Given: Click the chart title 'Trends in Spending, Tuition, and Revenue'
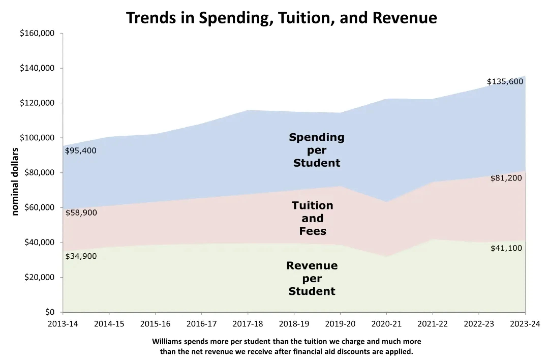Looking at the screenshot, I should coord(281,18).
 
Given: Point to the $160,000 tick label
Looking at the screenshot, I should coord(37,33).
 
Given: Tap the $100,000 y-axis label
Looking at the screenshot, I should coord(37,138).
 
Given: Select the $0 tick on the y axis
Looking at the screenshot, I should coord(50,312).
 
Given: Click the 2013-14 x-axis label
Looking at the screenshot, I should coord(63,324).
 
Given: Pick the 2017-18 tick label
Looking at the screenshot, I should coord(248,324).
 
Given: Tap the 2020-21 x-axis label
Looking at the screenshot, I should coord(386,324).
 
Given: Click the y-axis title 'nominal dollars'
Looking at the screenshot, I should coord(15,181).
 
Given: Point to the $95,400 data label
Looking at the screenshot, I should coord(81,151).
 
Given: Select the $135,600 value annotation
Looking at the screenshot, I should coord(505,82).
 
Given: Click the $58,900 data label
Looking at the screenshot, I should coord(81,213).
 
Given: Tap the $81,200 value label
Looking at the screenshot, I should coord(506,178).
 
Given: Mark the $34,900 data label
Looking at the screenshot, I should coord(81,256).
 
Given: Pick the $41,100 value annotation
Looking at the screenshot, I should coord(506,248).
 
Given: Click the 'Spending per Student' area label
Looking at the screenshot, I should coord(316,150).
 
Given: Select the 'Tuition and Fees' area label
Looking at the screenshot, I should coord(312,218).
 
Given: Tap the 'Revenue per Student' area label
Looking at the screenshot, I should coord(312,278).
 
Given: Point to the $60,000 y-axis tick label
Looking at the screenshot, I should coord(39,207).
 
